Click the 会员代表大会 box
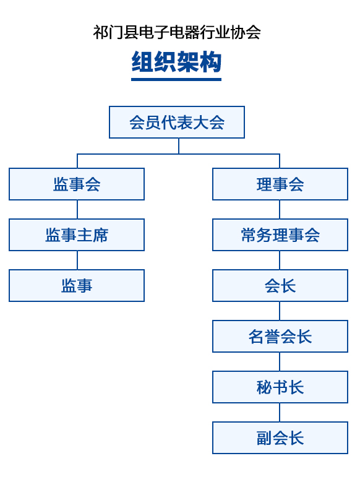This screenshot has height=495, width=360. coord(177,122)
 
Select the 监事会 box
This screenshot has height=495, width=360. coord(77,184)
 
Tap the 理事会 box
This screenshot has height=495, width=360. coord(280,184)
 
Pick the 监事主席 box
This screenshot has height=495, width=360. coord(77,235)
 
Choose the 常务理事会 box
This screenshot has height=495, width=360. coord(280,235)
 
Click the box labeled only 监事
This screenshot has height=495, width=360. coord(77,286)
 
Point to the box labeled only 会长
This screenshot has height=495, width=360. coord(280,286)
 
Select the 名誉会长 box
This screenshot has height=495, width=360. coord(280,336)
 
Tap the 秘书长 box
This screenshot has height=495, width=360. coord(280,387)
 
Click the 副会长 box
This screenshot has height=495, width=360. coord(280,438)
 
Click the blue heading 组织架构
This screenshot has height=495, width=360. coord(176,62)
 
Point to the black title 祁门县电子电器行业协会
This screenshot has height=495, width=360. coord(177,32)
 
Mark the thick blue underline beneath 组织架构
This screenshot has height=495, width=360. coord(176,80)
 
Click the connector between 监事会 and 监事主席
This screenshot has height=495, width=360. coord(77,210)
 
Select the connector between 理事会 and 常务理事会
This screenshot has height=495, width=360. coord(280,210)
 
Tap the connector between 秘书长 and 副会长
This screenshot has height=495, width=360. coord(280,412)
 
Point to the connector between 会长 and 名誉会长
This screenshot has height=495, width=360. coord(280,311)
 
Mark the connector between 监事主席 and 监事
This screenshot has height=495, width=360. coord(77,260)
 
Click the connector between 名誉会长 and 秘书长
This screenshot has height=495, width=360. coord(280,362)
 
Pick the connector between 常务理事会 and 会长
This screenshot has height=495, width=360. coord(280,260)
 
